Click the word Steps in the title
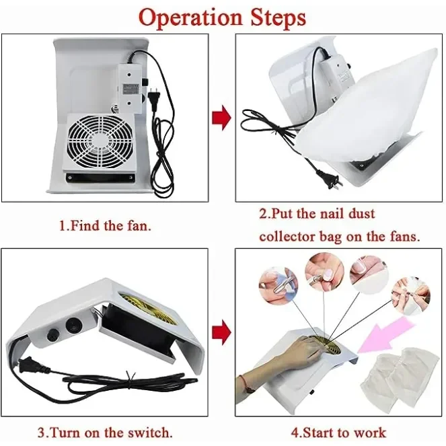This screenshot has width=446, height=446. tap(278, 17)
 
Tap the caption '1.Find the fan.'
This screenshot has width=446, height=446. tap(105, 226)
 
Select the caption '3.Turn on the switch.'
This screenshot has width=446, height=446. tap(105, 433)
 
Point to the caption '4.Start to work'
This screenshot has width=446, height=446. tap(338, 433)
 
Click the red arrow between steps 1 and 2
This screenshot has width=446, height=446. tap(221, 118)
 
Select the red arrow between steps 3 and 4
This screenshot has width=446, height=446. tap(221, 332)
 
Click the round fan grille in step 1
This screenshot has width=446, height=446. tap(101, 142)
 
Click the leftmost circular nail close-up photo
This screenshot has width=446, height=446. tap(278, 286)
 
